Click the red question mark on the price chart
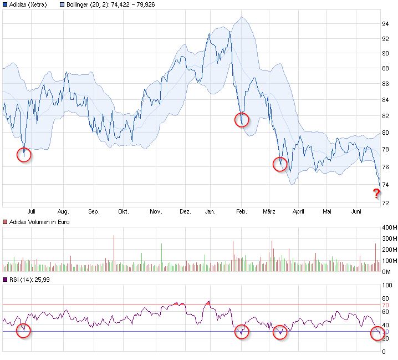point(376,194)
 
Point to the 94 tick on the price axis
point(384,24)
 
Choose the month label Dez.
point(186,211)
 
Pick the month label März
point(269,211)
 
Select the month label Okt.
point(123,211)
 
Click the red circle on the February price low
point(242,119)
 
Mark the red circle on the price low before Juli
point(24,155)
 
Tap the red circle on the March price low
point(280,164)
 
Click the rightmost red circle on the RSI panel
point(377,333)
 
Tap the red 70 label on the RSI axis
point(385,305)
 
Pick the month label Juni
point(356,211)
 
